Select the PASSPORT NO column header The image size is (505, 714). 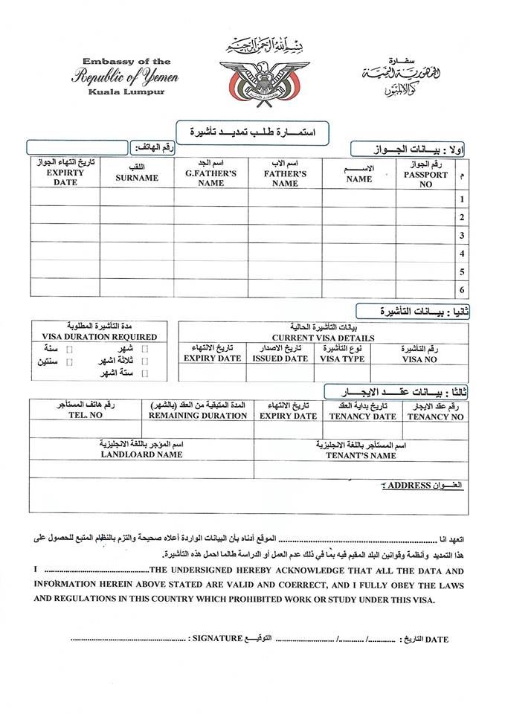[x=425, y=179]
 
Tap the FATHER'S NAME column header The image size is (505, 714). [x=285, y=178]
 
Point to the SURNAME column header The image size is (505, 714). [x=137, y=178]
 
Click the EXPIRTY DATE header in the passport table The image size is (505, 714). [x=65, y=177]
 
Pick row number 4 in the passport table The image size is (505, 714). [x=463, y=254]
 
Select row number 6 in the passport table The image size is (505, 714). [x=463, y=289]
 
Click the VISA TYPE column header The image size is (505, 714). [x=342, y=358]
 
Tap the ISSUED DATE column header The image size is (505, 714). [x=280, y=358]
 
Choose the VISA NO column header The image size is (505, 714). [x=419, y=359]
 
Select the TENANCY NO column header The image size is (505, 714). [x=436, y=416]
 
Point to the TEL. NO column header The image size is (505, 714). [x=86, y=416]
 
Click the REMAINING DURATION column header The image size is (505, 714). [x=198, y=416]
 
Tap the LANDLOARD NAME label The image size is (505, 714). [x=141, y=454]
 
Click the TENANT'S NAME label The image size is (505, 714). [x=361, y=455]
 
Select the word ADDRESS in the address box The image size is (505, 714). [x=410, y=486]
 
